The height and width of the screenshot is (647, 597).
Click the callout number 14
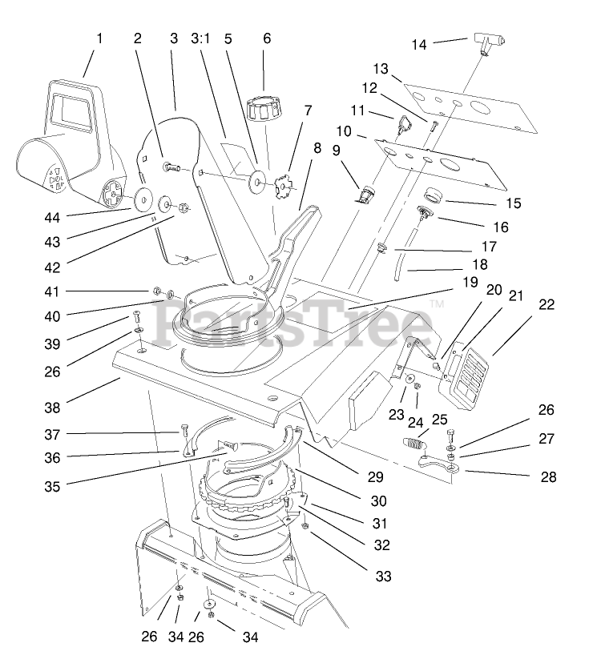click(x=419, y=45)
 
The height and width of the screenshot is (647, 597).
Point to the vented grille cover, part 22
click(x=470, y=373)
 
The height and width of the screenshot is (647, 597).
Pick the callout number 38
click(x=52, y=408)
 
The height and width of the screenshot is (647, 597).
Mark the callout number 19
click(x=470, y=282)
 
